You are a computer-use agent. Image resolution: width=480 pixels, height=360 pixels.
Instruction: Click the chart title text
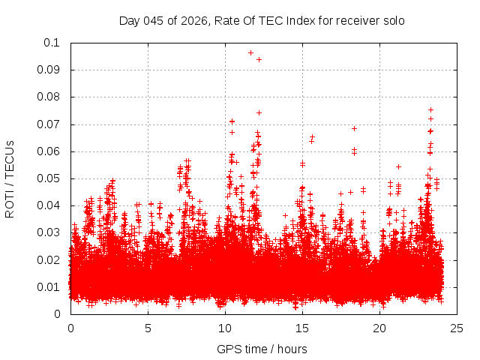click(262, 21)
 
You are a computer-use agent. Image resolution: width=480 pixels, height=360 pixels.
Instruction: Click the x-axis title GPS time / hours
click(262, 349)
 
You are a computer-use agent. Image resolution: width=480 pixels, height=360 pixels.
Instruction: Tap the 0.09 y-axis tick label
click(49, 70)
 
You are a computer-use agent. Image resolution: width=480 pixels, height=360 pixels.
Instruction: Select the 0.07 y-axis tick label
click(49, 124)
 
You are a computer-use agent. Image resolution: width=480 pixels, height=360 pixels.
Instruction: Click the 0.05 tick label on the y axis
click(49, 178)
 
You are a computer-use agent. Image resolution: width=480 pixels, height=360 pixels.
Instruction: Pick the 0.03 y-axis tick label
click(49, 232)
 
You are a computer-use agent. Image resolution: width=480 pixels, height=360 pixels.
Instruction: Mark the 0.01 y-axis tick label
click(49, 286)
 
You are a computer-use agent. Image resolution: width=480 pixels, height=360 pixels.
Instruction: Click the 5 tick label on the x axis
click(148, 328)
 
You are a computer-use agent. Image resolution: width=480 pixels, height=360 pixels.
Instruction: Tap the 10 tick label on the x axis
click(225, 328)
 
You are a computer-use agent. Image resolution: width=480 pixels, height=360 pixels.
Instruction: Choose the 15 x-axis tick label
click(302, 328)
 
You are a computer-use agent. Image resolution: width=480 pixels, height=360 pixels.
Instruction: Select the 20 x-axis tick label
click(379, 328)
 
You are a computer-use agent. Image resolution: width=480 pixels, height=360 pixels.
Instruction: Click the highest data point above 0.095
click(250, 52)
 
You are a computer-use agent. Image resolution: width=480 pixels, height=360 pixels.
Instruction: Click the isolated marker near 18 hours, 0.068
click(354, 128)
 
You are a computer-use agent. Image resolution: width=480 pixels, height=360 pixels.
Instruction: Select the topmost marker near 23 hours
click(430, 109)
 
